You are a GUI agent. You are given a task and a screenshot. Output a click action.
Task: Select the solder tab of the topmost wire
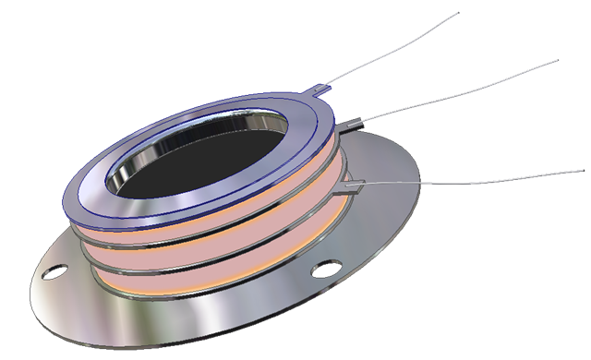[320, 90]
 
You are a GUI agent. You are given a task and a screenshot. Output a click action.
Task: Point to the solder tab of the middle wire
[355, 121]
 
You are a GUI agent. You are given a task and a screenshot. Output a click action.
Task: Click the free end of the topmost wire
[458, 14]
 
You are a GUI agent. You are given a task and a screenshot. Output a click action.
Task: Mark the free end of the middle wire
[557, 61]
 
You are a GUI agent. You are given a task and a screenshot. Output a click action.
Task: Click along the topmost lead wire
[388, 51]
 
